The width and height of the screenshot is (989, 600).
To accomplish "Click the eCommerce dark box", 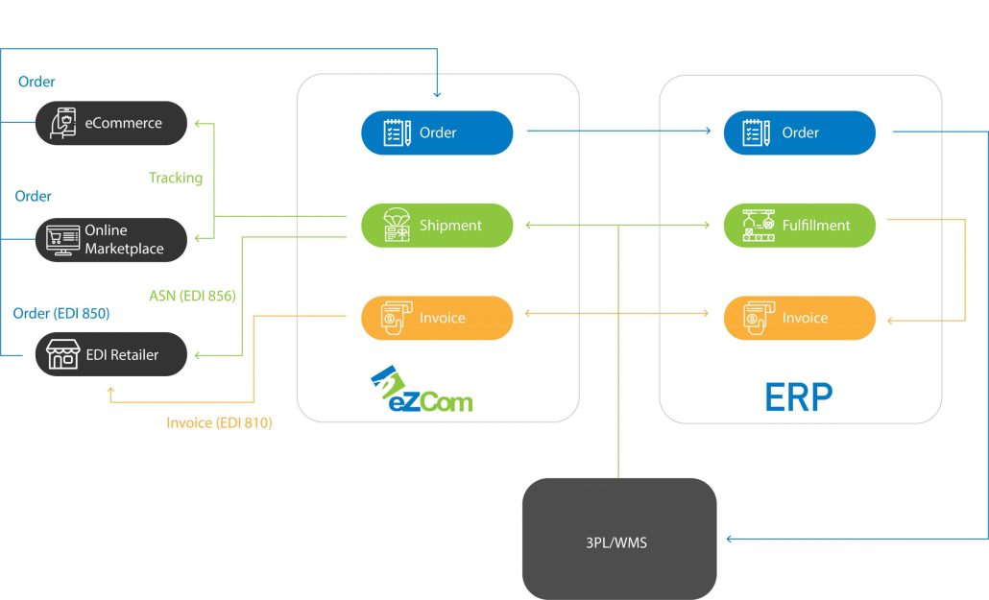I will coord(111,123).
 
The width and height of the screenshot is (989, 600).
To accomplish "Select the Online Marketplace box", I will coord(111,239).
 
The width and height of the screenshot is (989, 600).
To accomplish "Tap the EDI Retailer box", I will coord(111,354).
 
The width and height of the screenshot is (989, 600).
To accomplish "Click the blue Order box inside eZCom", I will coord(437,132).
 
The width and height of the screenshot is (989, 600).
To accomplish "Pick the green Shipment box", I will coord(437,226).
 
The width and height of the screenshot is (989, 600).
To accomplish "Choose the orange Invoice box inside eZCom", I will coord(437,318).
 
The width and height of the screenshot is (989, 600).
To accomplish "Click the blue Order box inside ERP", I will coord(800,132).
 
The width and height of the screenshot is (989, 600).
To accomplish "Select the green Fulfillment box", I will coord(800,226).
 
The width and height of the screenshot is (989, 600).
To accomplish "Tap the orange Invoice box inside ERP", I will coord(800,318).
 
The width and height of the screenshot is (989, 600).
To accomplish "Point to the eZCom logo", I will coord(422,389).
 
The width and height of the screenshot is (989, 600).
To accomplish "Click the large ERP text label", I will coord(799,396).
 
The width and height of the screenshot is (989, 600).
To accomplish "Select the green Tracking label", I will coord(176,178).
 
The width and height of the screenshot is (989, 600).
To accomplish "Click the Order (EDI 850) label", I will coord(61,313).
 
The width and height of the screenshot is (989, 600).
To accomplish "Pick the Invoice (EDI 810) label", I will coord(219,422).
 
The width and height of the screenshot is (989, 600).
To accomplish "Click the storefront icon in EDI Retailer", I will coord(62,354).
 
